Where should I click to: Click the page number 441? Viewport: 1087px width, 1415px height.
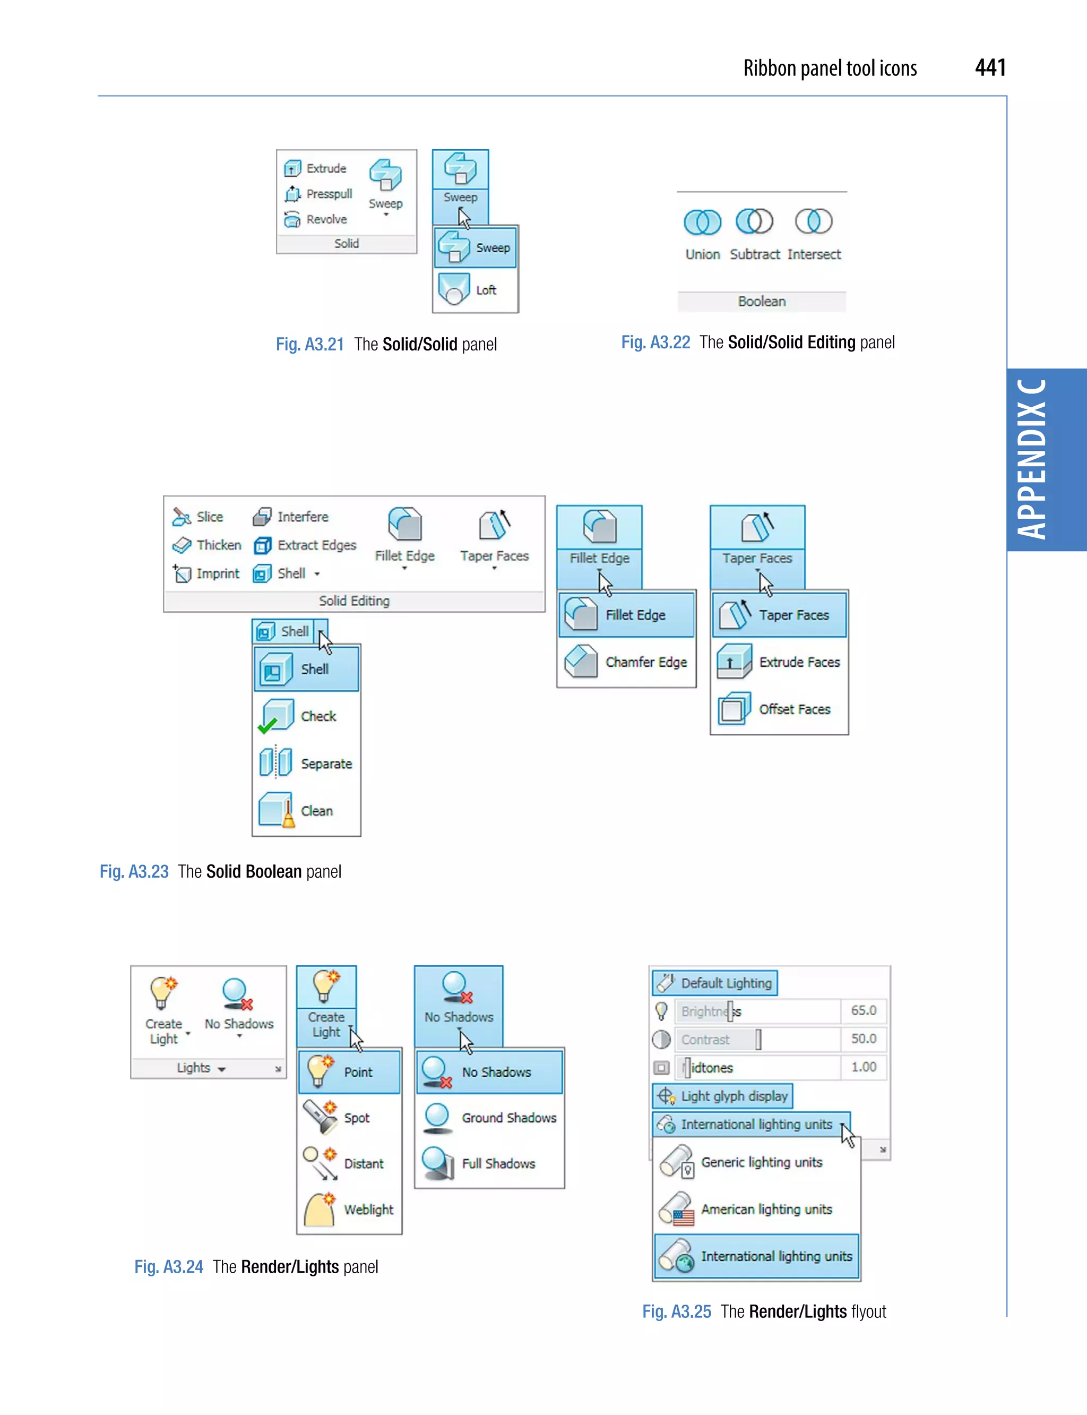point(989,67)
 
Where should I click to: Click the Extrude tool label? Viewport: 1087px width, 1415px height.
point(326,168)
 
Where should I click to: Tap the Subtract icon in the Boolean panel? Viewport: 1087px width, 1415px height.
point(754,222)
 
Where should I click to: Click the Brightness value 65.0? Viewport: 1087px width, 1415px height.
point(863,1010)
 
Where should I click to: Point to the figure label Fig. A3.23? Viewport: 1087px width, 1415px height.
point(134,871)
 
